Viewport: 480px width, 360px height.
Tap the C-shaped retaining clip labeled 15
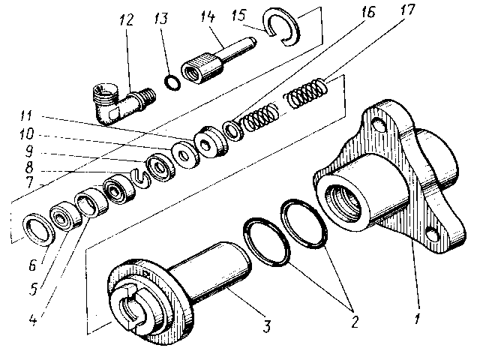point(283,27)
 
